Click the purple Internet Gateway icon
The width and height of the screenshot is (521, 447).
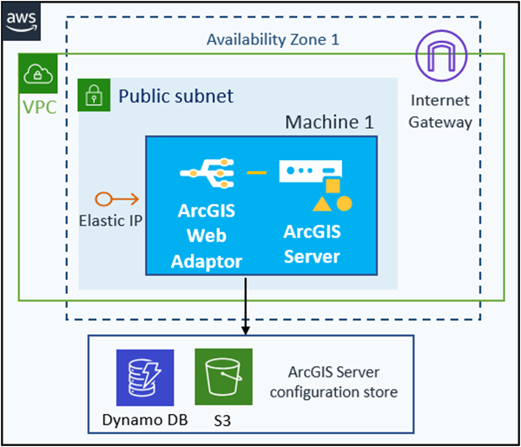441,57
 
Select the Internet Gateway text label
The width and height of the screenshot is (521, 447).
441,110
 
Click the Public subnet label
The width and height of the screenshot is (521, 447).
175,95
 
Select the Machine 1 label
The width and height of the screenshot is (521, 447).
329,121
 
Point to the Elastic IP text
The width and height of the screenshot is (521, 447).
111,221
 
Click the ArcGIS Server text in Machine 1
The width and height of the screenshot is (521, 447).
312,244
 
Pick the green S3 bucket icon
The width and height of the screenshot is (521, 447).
223,377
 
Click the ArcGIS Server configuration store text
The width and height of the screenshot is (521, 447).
333,383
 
